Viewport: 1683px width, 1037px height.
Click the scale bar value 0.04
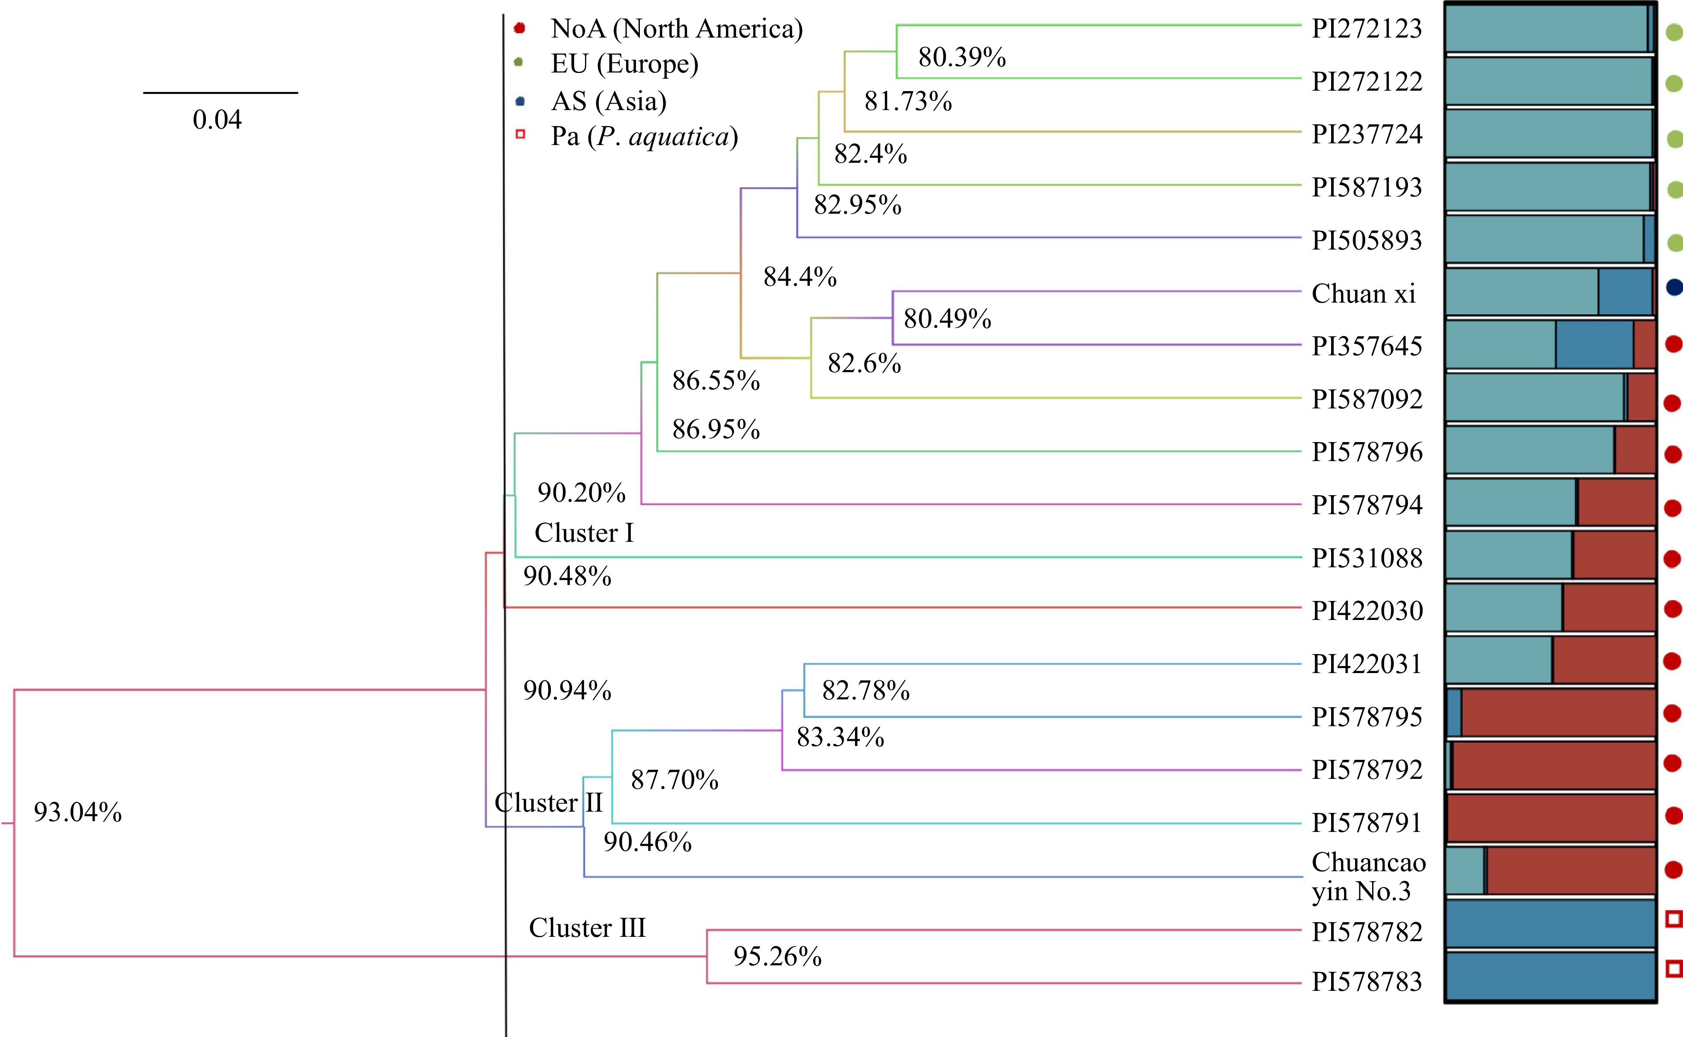pos(217,120)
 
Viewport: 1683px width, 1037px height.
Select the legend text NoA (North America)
pos(676,29)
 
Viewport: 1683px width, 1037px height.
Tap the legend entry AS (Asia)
pos(608,101)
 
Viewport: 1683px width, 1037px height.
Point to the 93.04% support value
pos(77,812)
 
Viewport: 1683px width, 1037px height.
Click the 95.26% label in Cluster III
pos(777,956)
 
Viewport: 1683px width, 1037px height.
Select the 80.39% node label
pos(962,57)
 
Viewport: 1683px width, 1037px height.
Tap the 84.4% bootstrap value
pos(800,277)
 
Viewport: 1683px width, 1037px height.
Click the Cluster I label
pos(584,533)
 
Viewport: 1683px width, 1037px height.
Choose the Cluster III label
pos(587,928)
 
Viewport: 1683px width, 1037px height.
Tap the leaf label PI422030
pos(1367,610)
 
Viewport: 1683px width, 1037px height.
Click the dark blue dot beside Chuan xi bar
pos(1674,288)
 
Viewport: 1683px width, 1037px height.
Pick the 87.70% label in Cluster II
pos(674,780)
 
